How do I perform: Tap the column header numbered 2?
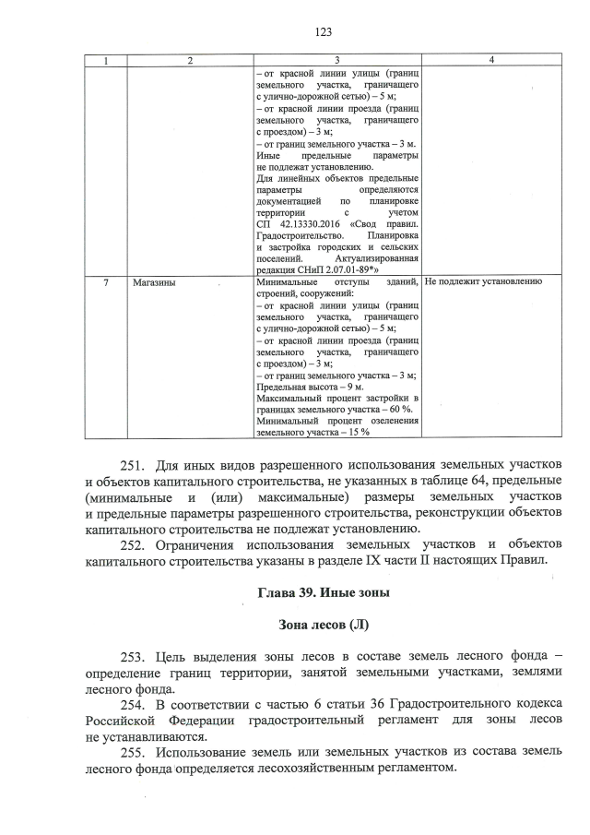(189, 60)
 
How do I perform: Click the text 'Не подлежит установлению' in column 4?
(484, 281)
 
